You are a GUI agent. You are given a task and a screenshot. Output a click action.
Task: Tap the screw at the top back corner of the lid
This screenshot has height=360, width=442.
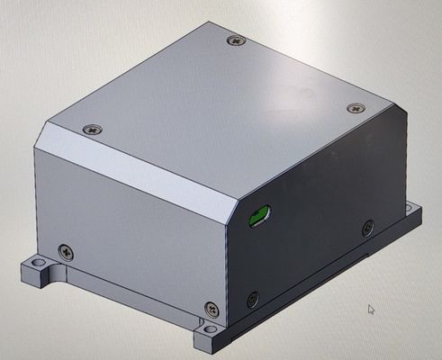pyautogui.click(x=236, y=40)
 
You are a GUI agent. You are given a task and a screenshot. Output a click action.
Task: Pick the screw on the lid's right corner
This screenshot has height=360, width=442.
pyautogui.click(x=354, y=109)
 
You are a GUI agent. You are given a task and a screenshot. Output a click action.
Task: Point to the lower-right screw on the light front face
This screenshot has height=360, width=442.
pyautogui.click(x=211, y=308)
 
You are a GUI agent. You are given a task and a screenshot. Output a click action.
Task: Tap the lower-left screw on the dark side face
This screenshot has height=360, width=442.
pyautogui.click(x=253, y=297)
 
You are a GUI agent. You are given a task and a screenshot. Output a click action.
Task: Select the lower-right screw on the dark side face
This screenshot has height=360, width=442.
pyautogui.click(x=367, y=229)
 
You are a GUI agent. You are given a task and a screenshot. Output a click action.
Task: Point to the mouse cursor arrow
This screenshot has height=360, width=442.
pyautogui.click(x=371, y=309)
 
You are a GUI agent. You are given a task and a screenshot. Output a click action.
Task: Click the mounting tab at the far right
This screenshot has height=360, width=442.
pyautogui.click(x=416, y=214)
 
